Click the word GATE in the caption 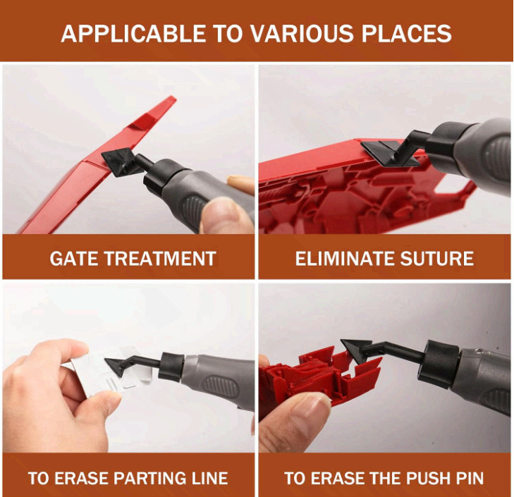(x=72, y=259)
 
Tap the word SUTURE (x=440, y=259)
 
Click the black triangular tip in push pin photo (x=356, y=348)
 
